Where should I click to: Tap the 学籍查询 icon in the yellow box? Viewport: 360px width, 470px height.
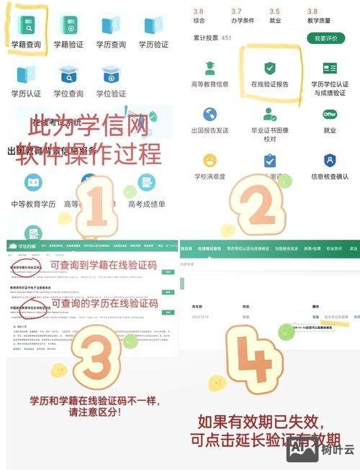27,27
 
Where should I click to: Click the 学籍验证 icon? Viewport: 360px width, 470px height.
69,27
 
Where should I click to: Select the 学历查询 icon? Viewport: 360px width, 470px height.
111,27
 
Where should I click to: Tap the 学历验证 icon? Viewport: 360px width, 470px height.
153,27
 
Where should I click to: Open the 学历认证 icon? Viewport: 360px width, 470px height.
27,74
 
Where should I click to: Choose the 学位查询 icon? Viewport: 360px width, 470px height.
69,74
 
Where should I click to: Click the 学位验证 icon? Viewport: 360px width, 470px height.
111,74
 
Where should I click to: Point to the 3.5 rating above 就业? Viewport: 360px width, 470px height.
274,12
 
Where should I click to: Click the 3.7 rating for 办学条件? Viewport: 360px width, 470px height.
236,12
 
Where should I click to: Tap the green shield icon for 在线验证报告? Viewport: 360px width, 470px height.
269,68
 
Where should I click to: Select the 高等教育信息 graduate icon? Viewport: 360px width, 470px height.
210,68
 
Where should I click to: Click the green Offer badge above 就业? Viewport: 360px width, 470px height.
330,114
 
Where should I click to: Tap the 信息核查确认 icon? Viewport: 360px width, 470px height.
330,160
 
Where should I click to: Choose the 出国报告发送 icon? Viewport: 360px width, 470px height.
210,114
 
